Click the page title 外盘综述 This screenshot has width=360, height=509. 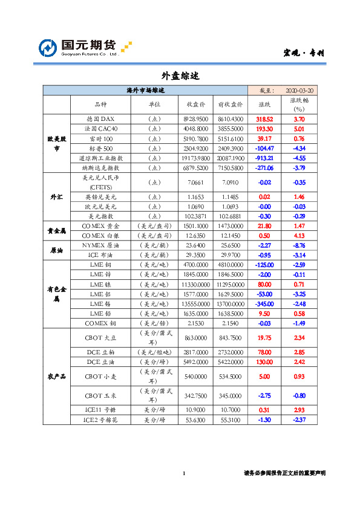(x=180, y=76)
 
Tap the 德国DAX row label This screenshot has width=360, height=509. (x=100, y=119)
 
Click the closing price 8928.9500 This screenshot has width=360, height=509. (x=195, y=119)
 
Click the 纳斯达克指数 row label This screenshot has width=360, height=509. (x=100, y=167)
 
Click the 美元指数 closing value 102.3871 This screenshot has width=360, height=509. (x=195, y=216)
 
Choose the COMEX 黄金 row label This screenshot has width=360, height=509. (x=100, y=225)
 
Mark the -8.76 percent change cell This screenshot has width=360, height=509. (x=299, y=245)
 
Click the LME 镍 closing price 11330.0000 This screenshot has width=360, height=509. (x=195, y=284)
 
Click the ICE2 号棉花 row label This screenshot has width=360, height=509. (x=100, y=420)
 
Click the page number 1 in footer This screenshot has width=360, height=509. (x=183, y=473)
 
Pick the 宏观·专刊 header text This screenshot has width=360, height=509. (x=304, y=53)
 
